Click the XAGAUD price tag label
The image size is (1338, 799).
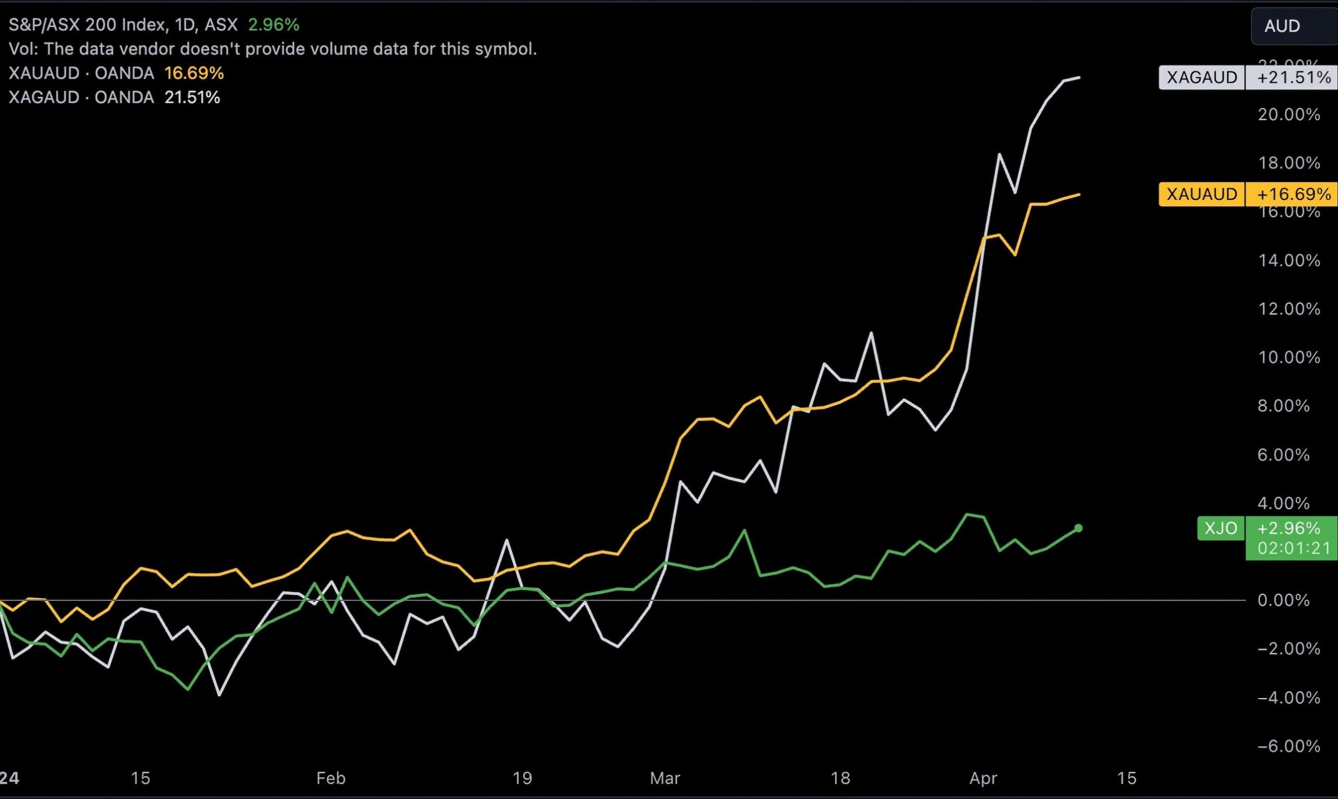coord(1202,77)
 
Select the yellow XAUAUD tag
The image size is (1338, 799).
coord(1202,195)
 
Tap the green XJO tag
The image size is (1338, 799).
coord(1221,528)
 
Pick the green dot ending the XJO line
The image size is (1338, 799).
coord(1078,528)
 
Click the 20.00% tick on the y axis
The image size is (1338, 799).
coord(1288,115)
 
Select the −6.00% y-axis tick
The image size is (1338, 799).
coord(1288,746)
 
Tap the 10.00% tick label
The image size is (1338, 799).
coord(1288,358)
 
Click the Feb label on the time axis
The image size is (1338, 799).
coord(331,778)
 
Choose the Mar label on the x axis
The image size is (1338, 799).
coord(665,778)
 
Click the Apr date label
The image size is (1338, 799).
coord(983,778)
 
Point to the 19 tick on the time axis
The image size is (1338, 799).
coord(522,778)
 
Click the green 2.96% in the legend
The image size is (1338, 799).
coord(273,25)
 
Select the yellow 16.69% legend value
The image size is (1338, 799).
coord(194,73)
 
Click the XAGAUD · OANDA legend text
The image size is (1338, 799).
coord(81,97)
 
